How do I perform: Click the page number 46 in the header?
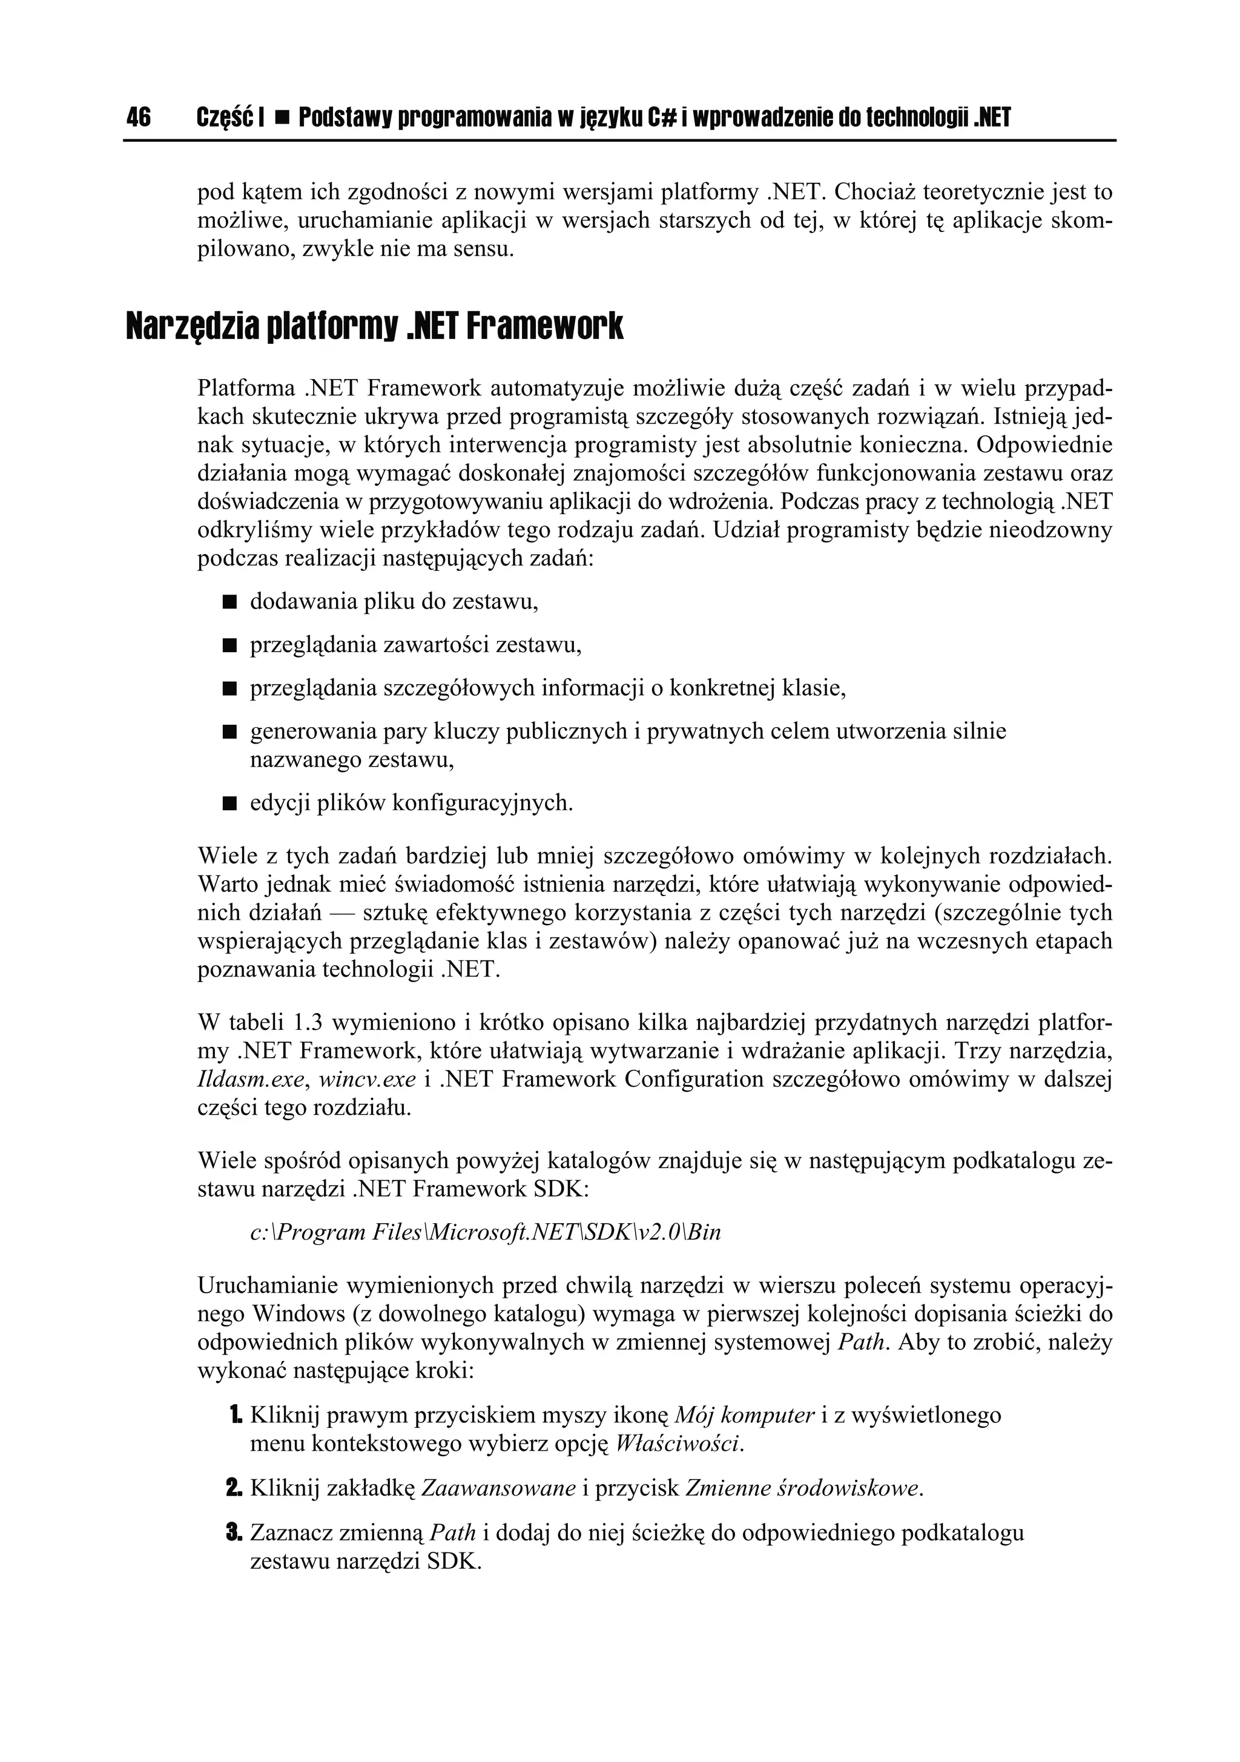click(x=139, y=117)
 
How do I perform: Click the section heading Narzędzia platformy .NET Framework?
click(x=374, y=327)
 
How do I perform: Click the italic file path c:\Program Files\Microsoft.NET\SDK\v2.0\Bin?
click(x=486, y=1232)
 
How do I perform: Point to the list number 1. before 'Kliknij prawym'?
click(x=234, y=1415)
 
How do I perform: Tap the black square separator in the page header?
click(x=281, y=118)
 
